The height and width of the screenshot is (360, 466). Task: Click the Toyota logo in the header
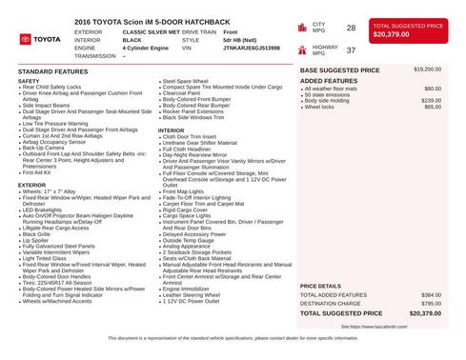(x=39, y=39)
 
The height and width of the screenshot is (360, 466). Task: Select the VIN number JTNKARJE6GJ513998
(x=253, y=49)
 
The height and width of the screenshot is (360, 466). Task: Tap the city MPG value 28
(x=351, y=29)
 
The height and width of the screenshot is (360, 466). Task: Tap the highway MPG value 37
(x=351, y=50)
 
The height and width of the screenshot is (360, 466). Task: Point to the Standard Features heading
(x=53, y=71)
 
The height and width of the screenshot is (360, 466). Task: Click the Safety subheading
(x=29, y=81)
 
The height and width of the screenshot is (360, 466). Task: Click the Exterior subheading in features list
(x=32, y=185)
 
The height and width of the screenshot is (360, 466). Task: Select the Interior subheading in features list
(x=171, y=130)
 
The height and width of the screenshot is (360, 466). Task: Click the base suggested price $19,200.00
(x=427, y=70)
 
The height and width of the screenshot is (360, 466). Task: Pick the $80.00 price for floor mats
(x=433, y=89)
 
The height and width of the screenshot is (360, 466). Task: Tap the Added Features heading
(x=329, y=81)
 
